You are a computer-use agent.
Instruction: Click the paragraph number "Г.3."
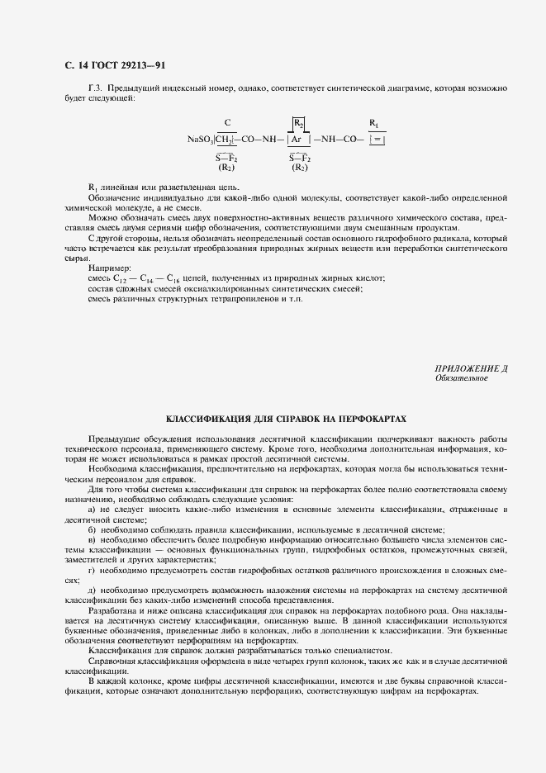95,88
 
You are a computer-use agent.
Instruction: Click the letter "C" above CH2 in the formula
227,123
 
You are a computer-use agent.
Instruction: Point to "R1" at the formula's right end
374,123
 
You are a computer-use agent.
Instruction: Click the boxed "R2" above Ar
298,123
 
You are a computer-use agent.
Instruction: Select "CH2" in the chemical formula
226,140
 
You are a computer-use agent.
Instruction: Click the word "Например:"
109,268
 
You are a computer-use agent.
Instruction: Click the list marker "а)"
92,510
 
